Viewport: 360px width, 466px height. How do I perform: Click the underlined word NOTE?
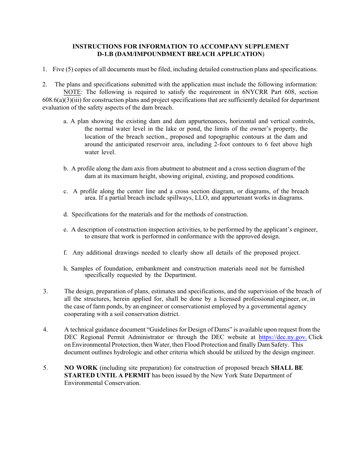click(x=72, y=92)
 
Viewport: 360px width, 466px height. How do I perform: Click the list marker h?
click(x=66, y=269)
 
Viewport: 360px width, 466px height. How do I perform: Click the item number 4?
click(x=45, y=330)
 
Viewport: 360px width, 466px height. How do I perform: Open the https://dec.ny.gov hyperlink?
click(x=282, y=337)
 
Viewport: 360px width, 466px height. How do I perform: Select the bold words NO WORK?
click(x=81, y=368)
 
